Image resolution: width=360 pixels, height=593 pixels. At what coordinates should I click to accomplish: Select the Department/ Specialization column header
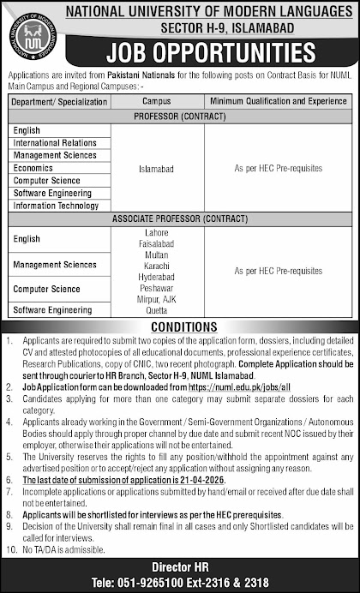(60, 101)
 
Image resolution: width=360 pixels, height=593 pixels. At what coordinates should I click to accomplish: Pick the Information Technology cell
(56, 206)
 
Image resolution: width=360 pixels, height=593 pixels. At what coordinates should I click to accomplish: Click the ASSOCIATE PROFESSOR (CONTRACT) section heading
(181, 219)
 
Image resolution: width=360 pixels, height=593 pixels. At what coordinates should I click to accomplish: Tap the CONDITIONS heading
(180, 326)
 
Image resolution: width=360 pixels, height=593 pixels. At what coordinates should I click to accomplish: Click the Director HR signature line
(181, 566)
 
